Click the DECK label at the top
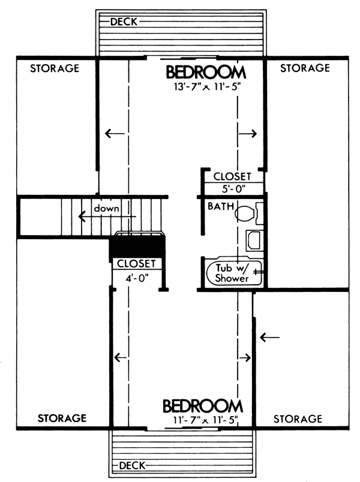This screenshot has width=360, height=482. pyautogui.click(x=124, y=22)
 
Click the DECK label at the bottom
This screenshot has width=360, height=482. pyautogui.click(x=132, y=466)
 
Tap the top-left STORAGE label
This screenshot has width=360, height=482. pyautogui.click(x=55, y=68)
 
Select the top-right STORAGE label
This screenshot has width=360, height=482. pyautogui.click(x=305, y=68)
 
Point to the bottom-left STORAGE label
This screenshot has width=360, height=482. pyautogui.click(x=62, y=418)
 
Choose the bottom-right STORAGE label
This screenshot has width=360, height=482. pyautogui.click(x=298, y=418)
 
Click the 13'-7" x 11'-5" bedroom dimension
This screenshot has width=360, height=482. pyautogui.click(x=207, y=87)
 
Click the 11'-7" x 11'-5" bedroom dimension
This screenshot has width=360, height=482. pyautogui.click(x=206, y=420)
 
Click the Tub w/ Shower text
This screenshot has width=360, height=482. pyautogui.click(x=232, y=273)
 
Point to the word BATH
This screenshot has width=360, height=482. pyautogui.click(x=221, y=206)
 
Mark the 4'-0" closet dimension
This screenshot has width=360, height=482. pyautogui.click(x=137, y=278)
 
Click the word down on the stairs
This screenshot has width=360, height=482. pyautogui.click(x=106, y=209)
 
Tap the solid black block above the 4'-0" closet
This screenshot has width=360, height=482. pyautogui.click(x=137, y=246)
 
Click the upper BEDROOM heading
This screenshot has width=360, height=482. pyautogui.click(x=206, y=72)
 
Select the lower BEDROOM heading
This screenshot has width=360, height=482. pyautogui.click(x=203, y=406)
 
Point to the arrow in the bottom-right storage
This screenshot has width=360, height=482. pyautogui.click(x=270, y=338)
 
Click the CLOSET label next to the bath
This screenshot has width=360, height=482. pyautogui.click(x=232, y=176)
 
